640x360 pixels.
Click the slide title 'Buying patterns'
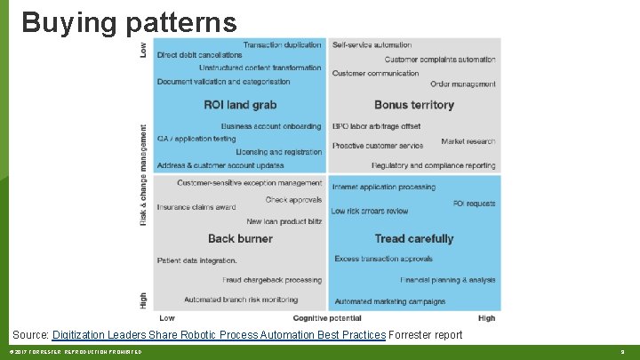point(129,22)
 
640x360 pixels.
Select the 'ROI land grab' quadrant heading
point(240,105)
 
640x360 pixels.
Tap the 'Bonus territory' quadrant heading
point(414,105)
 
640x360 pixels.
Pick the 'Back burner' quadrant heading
point(240,238)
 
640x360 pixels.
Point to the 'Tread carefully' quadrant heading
point(414,238)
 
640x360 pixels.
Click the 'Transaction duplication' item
point(282,44)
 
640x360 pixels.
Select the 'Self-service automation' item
point(372,44)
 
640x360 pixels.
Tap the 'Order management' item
point(462,84)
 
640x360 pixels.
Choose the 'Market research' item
point(468,141)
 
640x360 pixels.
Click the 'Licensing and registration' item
point(278,152)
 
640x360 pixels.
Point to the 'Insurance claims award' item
point(196,207)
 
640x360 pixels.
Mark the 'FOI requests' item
point(474,204)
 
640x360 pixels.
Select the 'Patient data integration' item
point(196,260)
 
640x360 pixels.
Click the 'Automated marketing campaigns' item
point(390,301)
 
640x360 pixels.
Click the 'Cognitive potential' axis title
point(327,317)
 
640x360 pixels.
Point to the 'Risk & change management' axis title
point(144,173)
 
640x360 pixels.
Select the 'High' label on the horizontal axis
point(486,317)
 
